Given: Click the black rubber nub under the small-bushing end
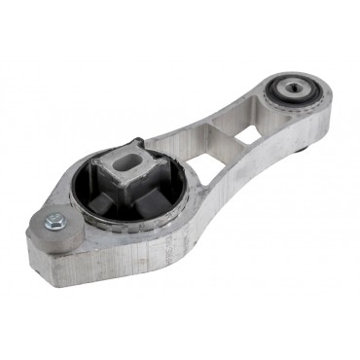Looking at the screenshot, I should tap(306, 147).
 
